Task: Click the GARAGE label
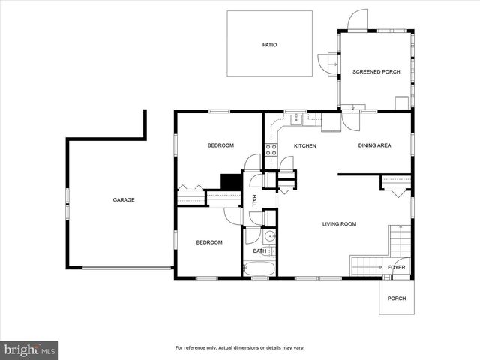coord(124,200)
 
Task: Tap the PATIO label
coord(269,45)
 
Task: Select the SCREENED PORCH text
coord(376,72)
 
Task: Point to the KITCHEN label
coord(304,145)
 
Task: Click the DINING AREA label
coord(374,145)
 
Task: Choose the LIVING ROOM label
coord(339,223)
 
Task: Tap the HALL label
coord(255,200)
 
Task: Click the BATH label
coord(259,251)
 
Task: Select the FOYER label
coord(396,267)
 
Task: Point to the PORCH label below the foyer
coord(396,298)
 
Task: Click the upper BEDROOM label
coord(220,145)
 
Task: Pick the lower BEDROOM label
coord(209,242)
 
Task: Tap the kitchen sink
coord(297,118)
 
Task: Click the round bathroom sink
coord(271,235)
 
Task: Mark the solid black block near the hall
coord(230,182)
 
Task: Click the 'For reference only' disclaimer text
coord(239,348)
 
